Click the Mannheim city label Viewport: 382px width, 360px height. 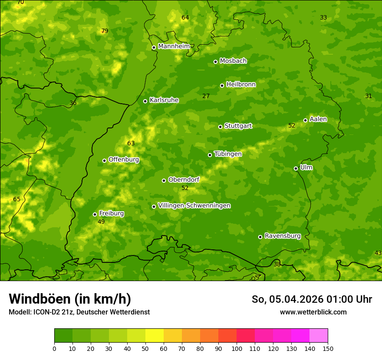click(174, 46)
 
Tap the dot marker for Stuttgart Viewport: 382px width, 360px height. click(220, 127)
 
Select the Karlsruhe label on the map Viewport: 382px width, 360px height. click(164, 100)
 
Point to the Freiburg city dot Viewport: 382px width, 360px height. click(95, 214)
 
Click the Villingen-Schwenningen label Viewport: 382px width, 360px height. click(194, 206)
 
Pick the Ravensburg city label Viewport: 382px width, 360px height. click(283, 236)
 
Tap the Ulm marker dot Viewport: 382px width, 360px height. click(296, 168)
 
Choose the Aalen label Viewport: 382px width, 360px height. click(318, 119)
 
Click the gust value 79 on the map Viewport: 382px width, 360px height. click(104, 31)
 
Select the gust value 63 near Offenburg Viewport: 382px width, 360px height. click(131, 143)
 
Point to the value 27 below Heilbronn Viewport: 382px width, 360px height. click(206, 96)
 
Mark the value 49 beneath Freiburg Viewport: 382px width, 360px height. click(101, 222)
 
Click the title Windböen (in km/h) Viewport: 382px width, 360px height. click(70, 299)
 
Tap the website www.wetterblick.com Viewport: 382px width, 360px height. click(313, 312)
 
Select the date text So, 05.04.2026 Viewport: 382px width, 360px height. click(286, 299)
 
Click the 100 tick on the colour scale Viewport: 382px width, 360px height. click(237, 348)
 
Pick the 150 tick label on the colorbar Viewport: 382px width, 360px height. click(328, 348)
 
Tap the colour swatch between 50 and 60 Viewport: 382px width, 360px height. click(155, 336)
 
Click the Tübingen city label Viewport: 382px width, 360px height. click(228, 154)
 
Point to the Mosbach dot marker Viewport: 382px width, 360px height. click(215, 62)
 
